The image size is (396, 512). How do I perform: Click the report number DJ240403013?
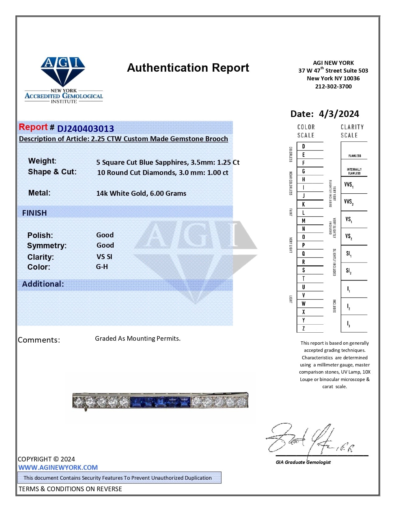(x=85, y=128)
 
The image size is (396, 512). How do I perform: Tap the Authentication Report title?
(x=188, y=68)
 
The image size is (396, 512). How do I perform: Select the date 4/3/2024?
(x=339, y=114)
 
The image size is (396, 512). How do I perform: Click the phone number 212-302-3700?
(x=333, y=87)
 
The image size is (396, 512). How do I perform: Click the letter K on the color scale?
(x=303, y=204)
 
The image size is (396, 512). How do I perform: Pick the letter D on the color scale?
(x=303, y=146)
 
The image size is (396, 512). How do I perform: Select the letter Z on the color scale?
(x=303, y=328)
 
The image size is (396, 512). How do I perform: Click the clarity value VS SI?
(x=104, y=257)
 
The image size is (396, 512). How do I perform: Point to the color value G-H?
(x=102, y=267)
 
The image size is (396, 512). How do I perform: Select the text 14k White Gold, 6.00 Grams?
(x=141, y=193)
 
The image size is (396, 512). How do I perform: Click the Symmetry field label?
(x=47, y=245)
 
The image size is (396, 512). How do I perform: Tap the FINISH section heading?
(x=34, y=213)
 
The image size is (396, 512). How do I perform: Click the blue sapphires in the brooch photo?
(x=160, y=402)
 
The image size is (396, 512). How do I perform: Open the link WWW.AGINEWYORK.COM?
(x=58, y=467)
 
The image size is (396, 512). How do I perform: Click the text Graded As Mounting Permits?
(x=138, y=338)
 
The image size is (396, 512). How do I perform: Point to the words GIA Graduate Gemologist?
(x=303, y=462)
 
